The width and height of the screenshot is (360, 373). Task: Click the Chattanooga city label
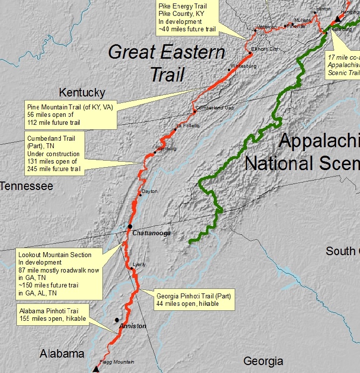coord(152,233)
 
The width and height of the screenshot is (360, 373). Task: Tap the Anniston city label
coord(133,326)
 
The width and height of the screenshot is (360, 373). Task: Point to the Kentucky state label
coord(82,93)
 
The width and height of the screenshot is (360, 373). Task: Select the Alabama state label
coord(62,354)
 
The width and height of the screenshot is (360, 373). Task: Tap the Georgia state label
coord(263,361)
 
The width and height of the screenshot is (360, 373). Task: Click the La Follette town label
coord(187,125)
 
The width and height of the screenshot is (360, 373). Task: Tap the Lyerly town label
coord(139,264)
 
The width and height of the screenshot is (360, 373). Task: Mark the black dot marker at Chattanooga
coord(130,226)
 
